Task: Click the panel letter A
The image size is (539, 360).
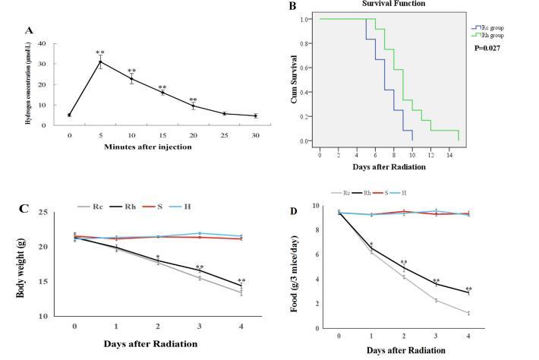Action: pos(30,30)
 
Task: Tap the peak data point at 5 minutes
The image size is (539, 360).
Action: pos(99,62)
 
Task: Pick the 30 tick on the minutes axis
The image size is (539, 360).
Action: pos(254,135)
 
